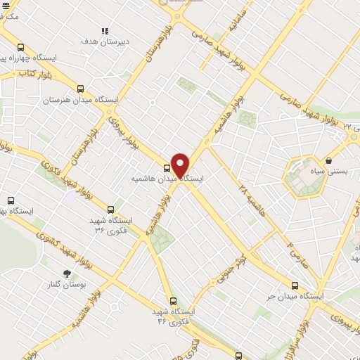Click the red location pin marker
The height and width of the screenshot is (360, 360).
point(180,165)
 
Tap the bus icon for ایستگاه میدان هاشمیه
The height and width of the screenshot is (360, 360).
point(167,168)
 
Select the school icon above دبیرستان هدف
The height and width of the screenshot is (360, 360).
point(105,31)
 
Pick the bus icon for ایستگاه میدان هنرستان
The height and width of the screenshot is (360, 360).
point(80,89)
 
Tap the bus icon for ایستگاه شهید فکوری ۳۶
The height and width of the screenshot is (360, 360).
point(110,210)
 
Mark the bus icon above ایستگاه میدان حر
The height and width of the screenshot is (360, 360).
point(295,285)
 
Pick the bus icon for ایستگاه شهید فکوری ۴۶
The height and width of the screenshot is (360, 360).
point(173,301)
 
